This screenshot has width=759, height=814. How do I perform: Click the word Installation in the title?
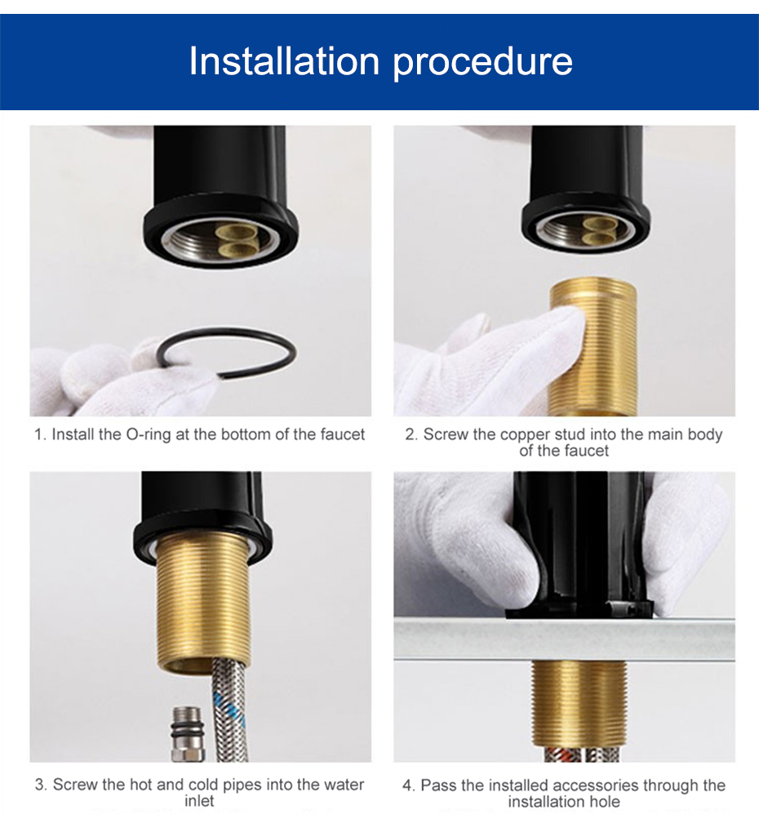[x=284, y=60]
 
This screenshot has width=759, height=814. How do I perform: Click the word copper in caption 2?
[x=526, y=435]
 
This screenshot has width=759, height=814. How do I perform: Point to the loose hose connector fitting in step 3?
[x=186, y=734]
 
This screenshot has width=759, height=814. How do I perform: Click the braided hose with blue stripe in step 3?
[x=229, y=709]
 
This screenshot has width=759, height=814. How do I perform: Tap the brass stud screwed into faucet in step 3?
[x=203, y=602]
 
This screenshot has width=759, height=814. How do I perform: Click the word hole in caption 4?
[x=605, y=802]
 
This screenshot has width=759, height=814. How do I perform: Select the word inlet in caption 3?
[x=199, y=801]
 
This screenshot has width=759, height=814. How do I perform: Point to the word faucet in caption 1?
[x=343, y=434]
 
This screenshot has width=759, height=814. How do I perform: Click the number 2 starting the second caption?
[x=409, y=434]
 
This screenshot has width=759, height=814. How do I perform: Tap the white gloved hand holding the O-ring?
[x=119, y=376]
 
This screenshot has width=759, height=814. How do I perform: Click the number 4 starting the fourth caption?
[x=407, y=785]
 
